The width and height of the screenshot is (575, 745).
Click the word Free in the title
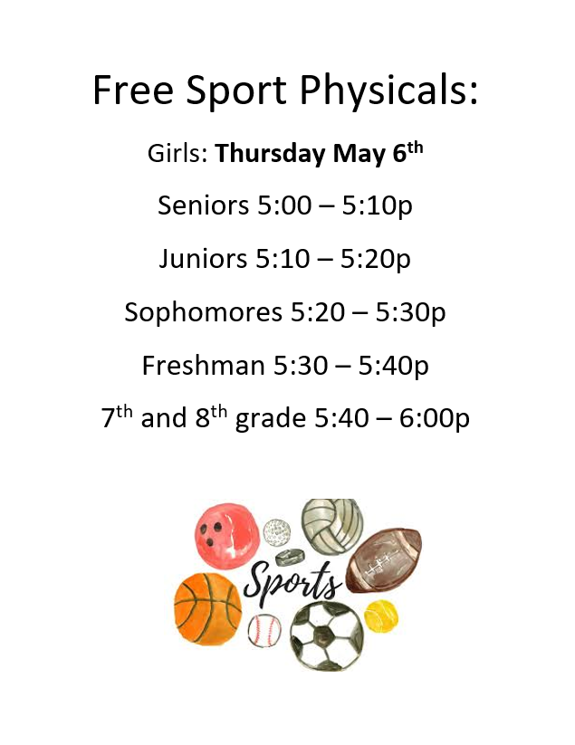(x=133, y=90)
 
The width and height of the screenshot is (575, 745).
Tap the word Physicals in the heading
(x=388, y=91)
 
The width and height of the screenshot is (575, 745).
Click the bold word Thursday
(x=271, y=154)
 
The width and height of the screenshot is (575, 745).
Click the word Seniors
(x=204, y=205)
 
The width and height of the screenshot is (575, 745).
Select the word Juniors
(x=204, y=259)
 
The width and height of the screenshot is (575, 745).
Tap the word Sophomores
(x=204, y=312)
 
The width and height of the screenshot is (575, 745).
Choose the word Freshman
(x=204, y=366)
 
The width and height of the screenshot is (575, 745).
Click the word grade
(x=271, y=419)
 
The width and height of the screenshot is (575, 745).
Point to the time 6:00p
(x=434, y=419)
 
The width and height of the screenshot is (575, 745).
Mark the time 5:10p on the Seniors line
(x=377, y=206)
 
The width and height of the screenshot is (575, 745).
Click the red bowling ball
(x=227, y=536)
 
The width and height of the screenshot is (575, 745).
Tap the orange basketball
(x=207, y=608)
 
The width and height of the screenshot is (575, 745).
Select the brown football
(x=384, y=559)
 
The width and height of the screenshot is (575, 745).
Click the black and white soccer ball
(x=327, y=635)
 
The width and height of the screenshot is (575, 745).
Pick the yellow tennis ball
(x=381, y=616)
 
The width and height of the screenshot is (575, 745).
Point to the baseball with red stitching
(x=264, y=631)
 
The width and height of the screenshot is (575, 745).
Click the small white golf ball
(x=276, y=531)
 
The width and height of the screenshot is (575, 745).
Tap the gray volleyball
(x=332, y=526)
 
